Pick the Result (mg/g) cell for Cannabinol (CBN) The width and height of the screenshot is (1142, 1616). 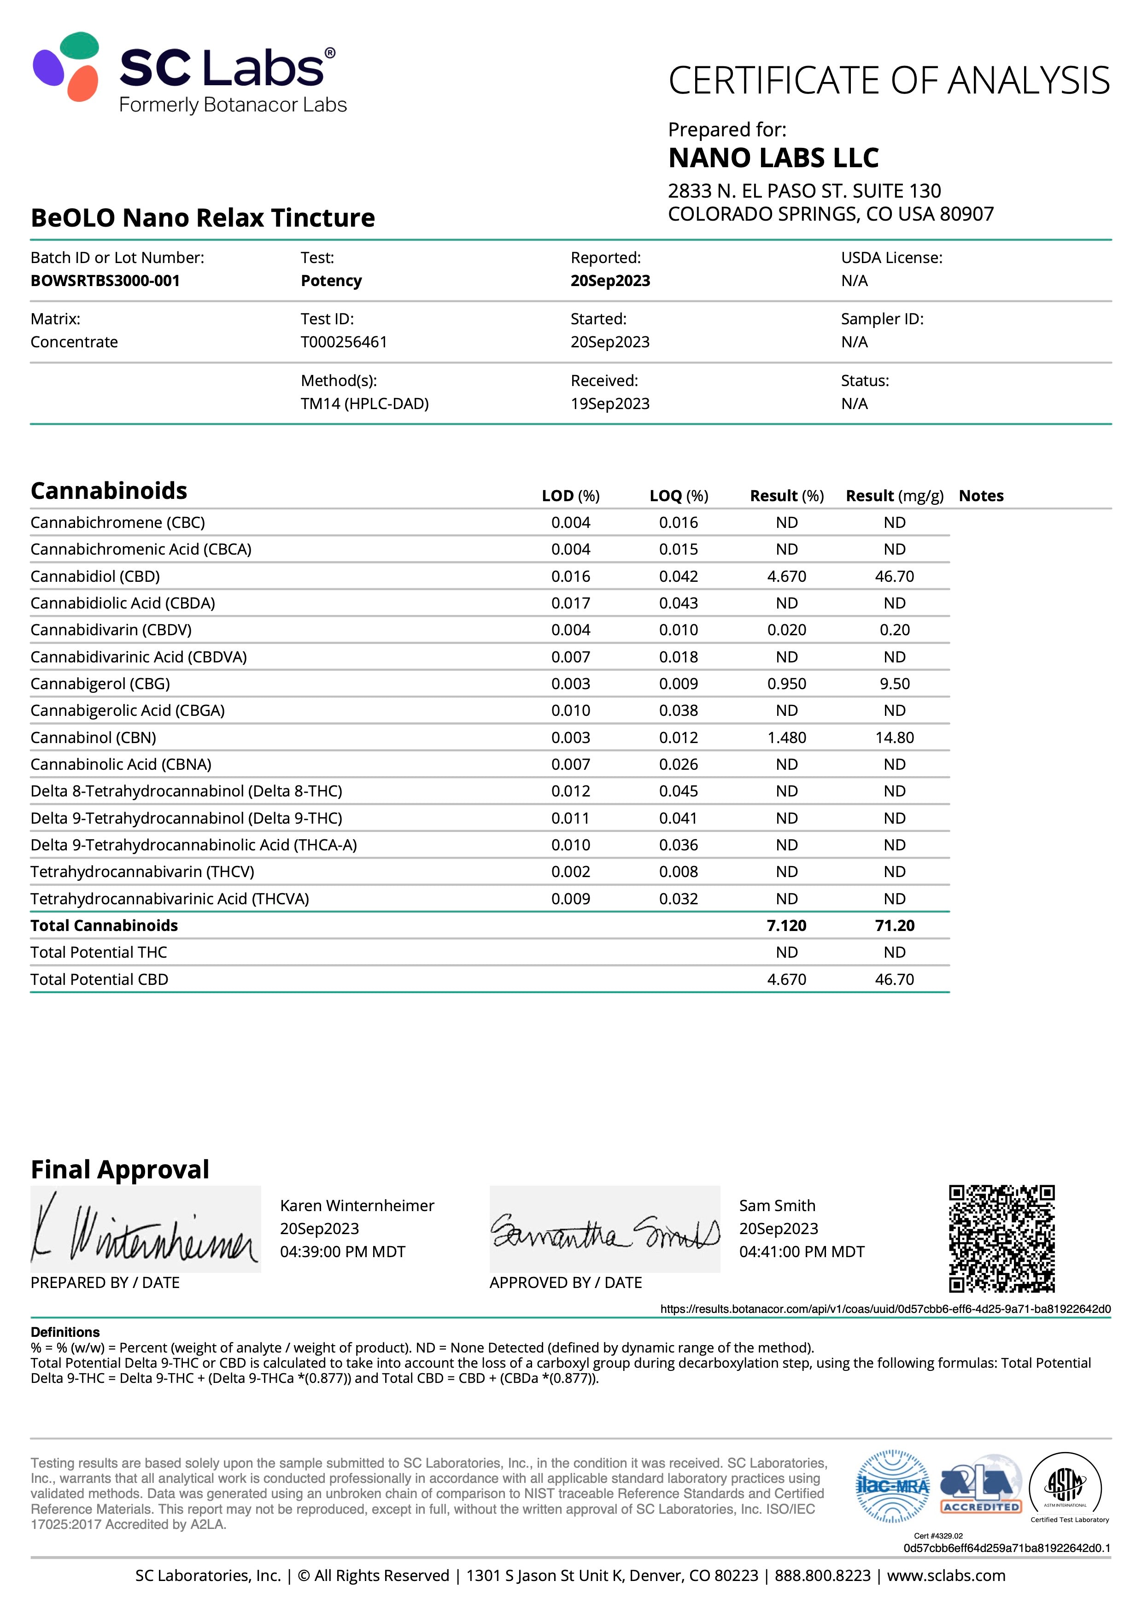894,738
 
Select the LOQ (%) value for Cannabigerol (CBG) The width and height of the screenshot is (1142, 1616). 678,684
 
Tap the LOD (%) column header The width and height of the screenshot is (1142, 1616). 570,496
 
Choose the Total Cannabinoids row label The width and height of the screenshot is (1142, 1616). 104,925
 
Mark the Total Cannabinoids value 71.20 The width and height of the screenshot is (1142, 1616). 894,925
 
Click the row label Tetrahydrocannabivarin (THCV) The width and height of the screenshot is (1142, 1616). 142,872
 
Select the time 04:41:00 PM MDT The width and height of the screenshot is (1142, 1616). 802,1252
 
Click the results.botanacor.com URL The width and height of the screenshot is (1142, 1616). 885,1309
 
